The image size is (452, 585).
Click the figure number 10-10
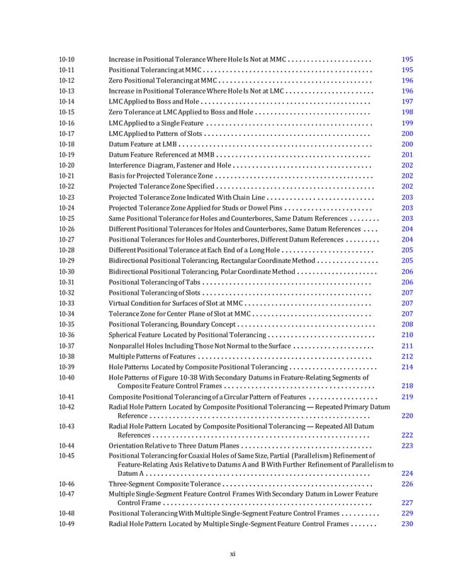[67, 59]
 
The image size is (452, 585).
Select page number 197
[407, 101]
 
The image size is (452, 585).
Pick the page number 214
[407, 368]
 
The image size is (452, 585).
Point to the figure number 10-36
[67, 334]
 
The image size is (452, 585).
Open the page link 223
[407, 445]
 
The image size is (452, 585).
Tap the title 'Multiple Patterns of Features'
[152, 356]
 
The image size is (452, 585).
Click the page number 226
[407, 484]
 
